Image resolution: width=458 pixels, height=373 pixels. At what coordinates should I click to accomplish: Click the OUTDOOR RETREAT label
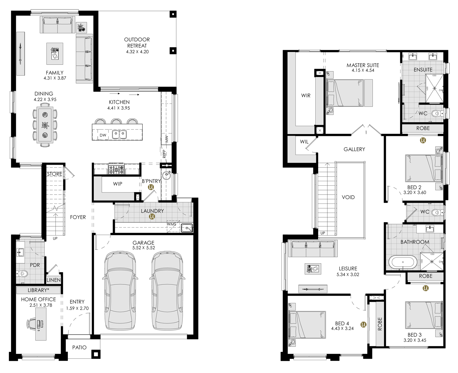click(137, 42)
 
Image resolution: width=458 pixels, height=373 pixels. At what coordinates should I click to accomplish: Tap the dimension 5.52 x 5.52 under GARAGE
click(144, 247)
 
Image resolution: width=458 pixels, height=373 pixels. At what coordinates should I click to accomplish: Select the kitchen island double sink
click(119, 135)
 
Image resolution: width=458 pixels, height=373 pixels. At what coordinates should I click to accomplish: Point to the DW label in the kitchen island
click(103, 135)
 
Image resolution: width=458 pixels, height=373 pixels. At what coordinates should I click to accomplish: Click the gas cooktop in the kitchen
click(116, 168)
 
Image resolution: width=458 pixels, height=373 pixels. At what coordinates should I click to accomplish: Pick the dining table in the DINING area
click(45, 125)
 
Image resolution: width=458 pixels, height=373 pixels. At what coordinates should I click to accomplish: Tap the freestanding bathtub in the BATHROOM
click(403, 262)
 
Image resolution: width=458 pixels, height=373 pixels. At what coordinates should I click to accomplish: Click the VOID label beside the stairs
click(348, 197)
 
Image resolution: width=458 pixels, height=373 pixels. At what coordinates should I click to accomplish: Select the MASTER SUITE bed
click(345, 93)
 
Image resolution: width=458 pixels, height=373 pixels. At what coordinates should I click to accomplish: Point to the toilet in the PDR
click(22, 274)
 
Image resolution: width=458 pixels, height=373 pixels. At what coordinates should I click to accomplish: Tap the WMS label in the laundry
click(172, 224)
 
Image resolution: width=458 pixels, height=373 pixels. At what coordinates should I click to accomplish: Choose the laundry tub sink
click(187, 228)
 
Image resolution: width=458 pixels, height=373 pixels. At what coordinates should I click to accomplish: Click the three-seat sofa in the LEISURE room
click(313, 248)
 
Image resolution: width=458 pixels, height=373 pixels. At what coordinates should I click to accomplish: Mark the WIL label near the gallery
click(304, 141)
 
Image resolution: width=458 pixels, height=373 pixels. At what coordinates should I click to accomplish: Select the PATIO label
click(79, 347)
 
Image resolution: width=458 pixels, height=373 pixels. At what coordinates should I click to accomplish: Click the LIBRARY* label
click(38, 290)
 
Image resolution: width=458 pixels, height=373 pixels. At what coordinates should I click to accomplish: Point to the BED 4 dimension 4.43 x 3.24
click(342, 328)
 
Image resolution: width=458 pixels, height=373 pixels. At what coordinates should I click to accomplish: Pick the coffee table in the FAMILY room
click(55, 53)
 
